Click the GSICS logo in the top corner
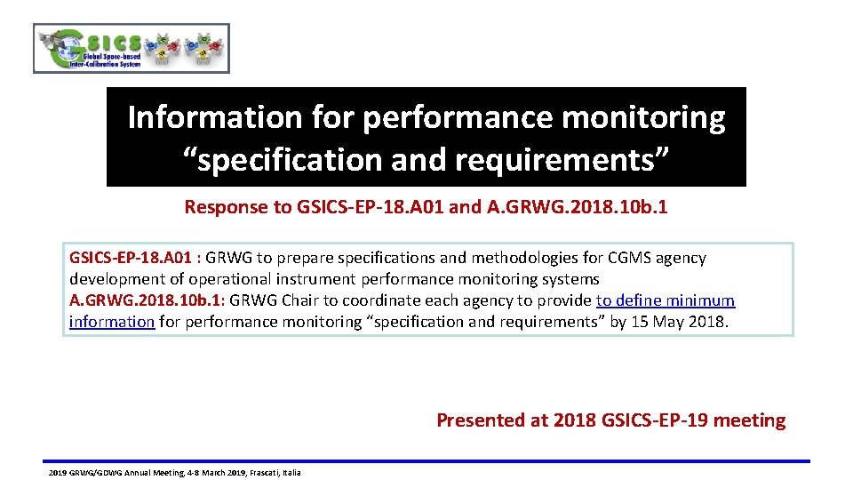131,48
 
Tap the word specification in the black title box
281,160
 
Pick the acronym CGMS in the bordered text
629,258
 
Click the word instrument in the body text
323,279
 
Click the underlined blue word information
112,322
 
